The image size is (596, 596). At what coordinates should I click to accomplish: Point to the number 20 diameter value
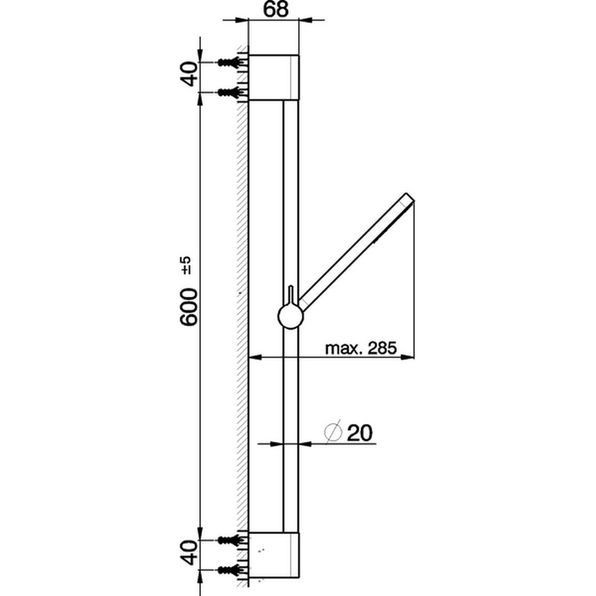pyautogui.click(x=361, y=433)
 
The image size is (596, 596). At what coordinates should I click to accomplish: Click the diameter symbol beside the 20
pyautogui.click(x=334, y=433)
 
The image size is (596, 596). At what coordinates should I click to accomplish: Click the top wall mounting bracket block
pyautogui.click(x=273, y=78)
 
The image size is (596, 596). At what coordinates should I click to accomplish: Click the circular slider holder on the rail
pyautogui.click(x=290, y=318)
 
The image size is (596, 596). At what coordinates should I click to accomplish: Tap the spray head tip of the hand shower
pyautogui.click(x=409, y=201)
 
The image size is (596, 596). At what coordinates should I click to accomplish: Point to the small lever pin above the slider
pyautogui.click(x=290, y=294)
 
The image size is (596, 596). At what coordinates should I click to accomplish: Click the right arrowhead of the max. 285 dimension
pyautogui.click(x=410, y=356)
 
